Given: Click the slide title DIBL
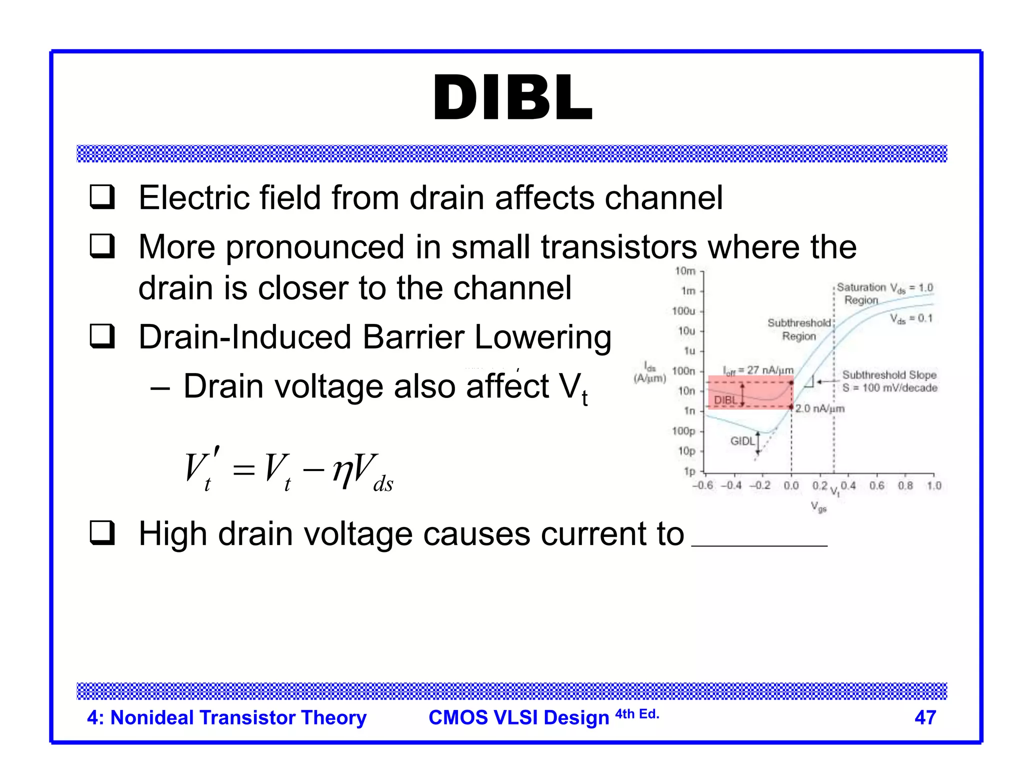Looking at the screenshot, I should coord(512,98).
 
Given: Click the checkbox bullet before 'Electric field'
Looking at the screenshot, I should coord(102,197).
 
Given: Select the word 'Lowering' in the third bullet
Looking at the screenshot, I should coord(543,337).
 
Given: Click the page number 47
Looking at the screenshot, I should coord(925,717).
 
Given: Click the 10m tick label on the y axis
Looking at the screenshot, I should coord(685,271).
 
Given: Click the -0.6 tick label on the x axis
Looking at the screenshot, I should coord(702,485).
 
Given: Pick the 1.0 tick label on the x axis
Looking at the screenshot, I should coord(933,485).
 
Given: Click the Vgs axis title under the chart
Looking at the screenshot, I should coord(818,506).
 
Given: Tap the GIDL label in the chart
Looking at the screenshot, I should coord(742,441).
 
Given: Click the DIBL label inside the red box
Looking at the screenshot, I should coord(725,400).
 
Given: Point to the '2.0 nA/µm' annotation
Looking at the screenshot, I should coord(820,408).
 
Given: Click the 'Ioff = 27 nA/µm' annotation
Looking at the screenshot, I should coord(758,370).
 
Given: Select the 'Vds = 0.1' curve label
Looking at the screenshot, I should coord(911,318).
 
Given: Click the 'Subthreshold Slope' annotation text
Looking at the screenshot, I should coord(889,375).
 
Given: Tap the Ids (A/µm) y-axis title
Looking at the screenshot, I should coord(649,372).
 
